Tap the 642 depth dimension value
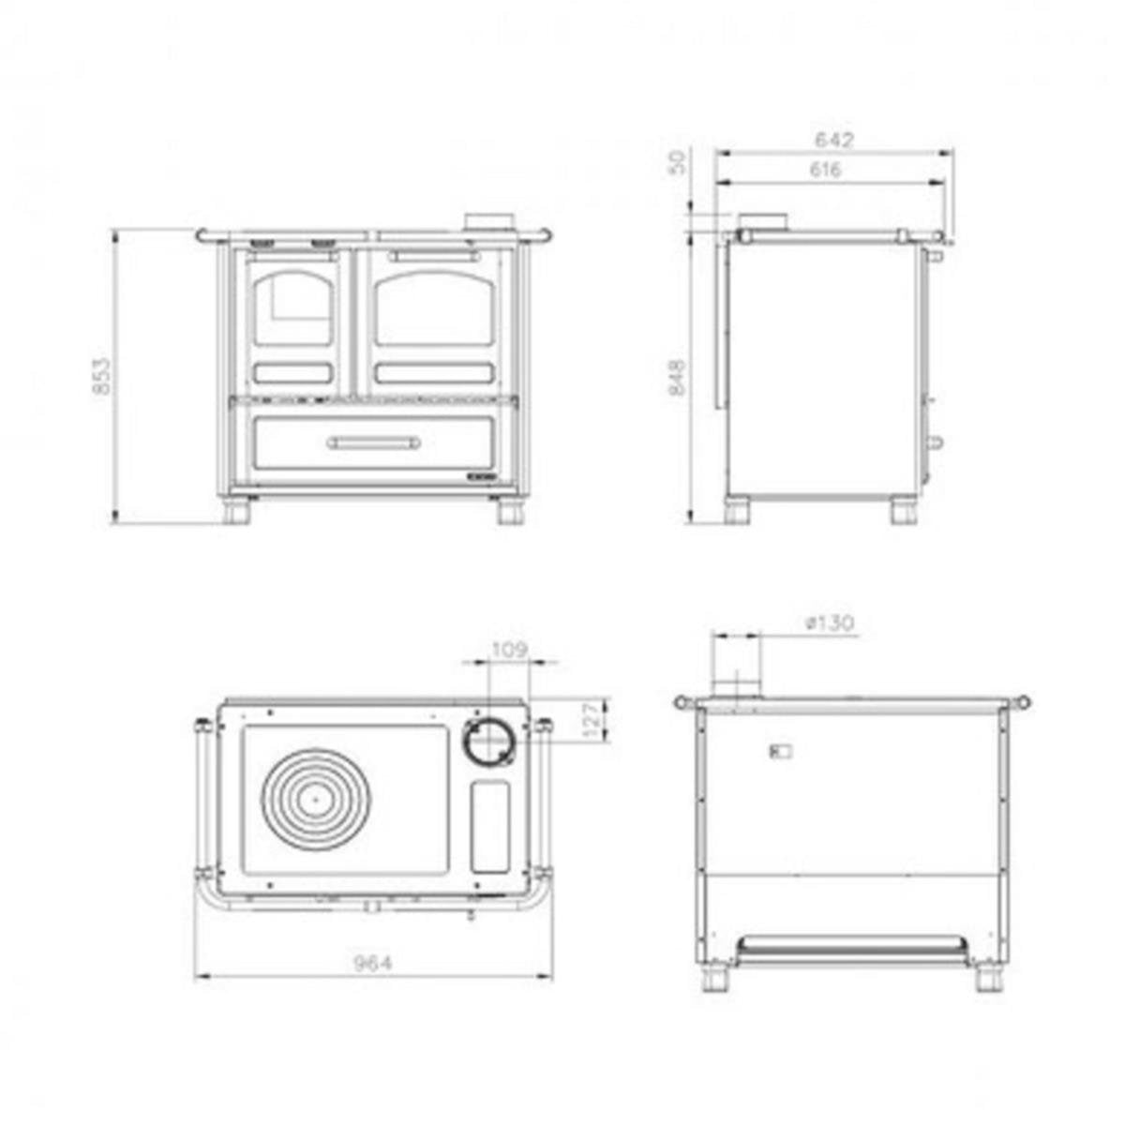(834, 141)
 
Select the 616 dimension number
(825, 170)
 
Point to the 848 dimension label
(677, 377)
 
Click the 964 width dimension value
(373, 962)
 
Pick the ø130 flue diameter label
(830, 622)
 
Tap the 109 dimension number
(509, 649)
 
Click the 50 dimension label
(677, 160)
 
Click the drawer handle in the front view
(374, 442)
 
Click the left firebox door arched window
(292, 307)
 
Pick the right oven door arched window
(434, 307)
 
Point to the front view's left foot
(236, 512)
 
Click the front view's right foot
(510, 512)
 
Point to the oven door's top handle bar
(435, 256)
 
